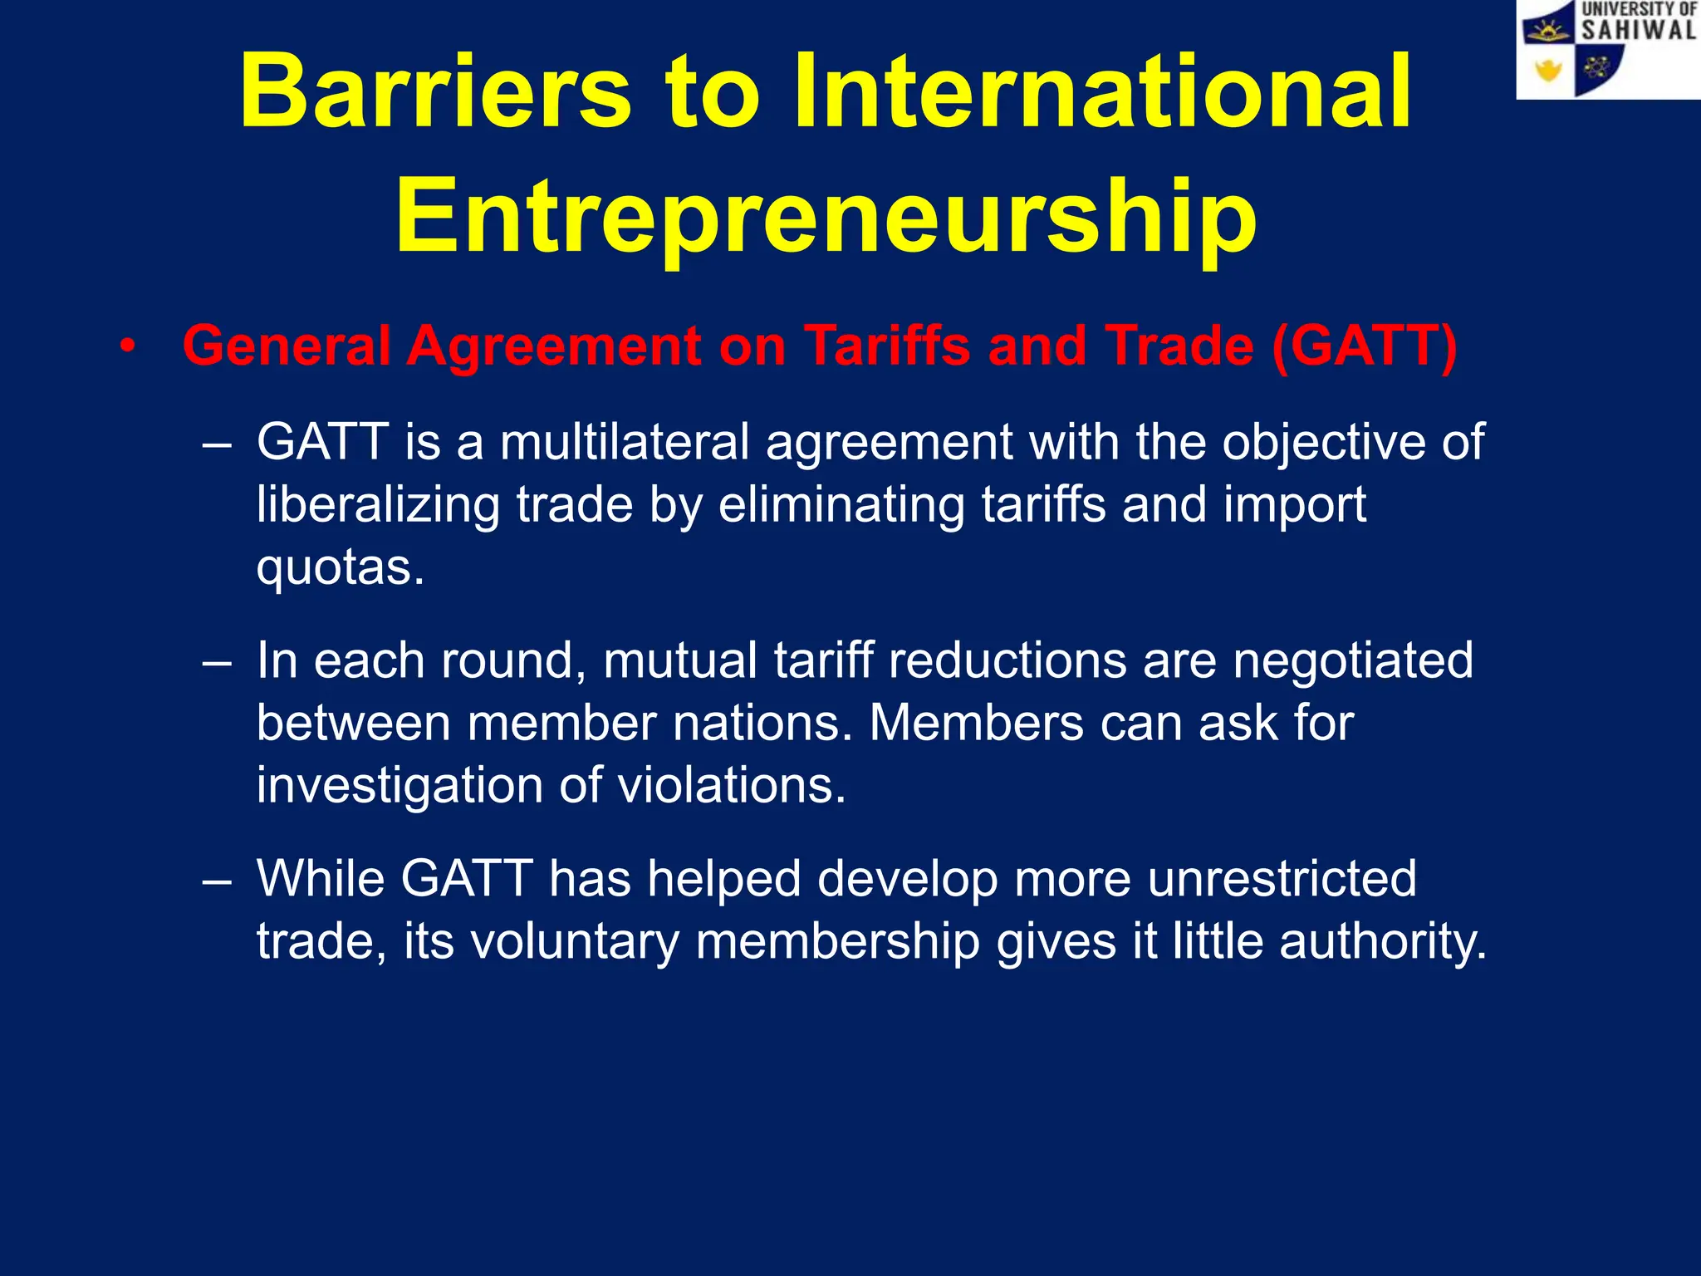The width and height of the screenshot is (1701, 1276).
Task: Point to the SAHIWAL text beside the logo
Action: [1638, 31]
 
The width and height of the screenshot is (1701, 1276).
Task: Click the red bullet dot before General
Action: [126, 346]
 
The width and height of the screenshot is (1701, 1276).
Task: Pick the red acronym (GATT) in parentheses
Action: [1364, 346]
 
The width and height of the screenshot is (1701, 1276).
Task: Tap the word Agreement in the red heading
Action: [553, 346]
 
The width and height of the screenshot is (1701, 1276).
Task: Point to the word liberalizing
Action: [378, 505]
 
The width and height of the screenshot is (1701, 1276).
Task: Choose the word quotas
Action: [340, 568]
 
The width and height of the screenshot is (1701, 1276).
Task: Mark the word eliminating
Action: [841, 505]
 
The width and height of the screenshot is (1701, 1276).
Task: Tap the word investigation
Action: [400, 786]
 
